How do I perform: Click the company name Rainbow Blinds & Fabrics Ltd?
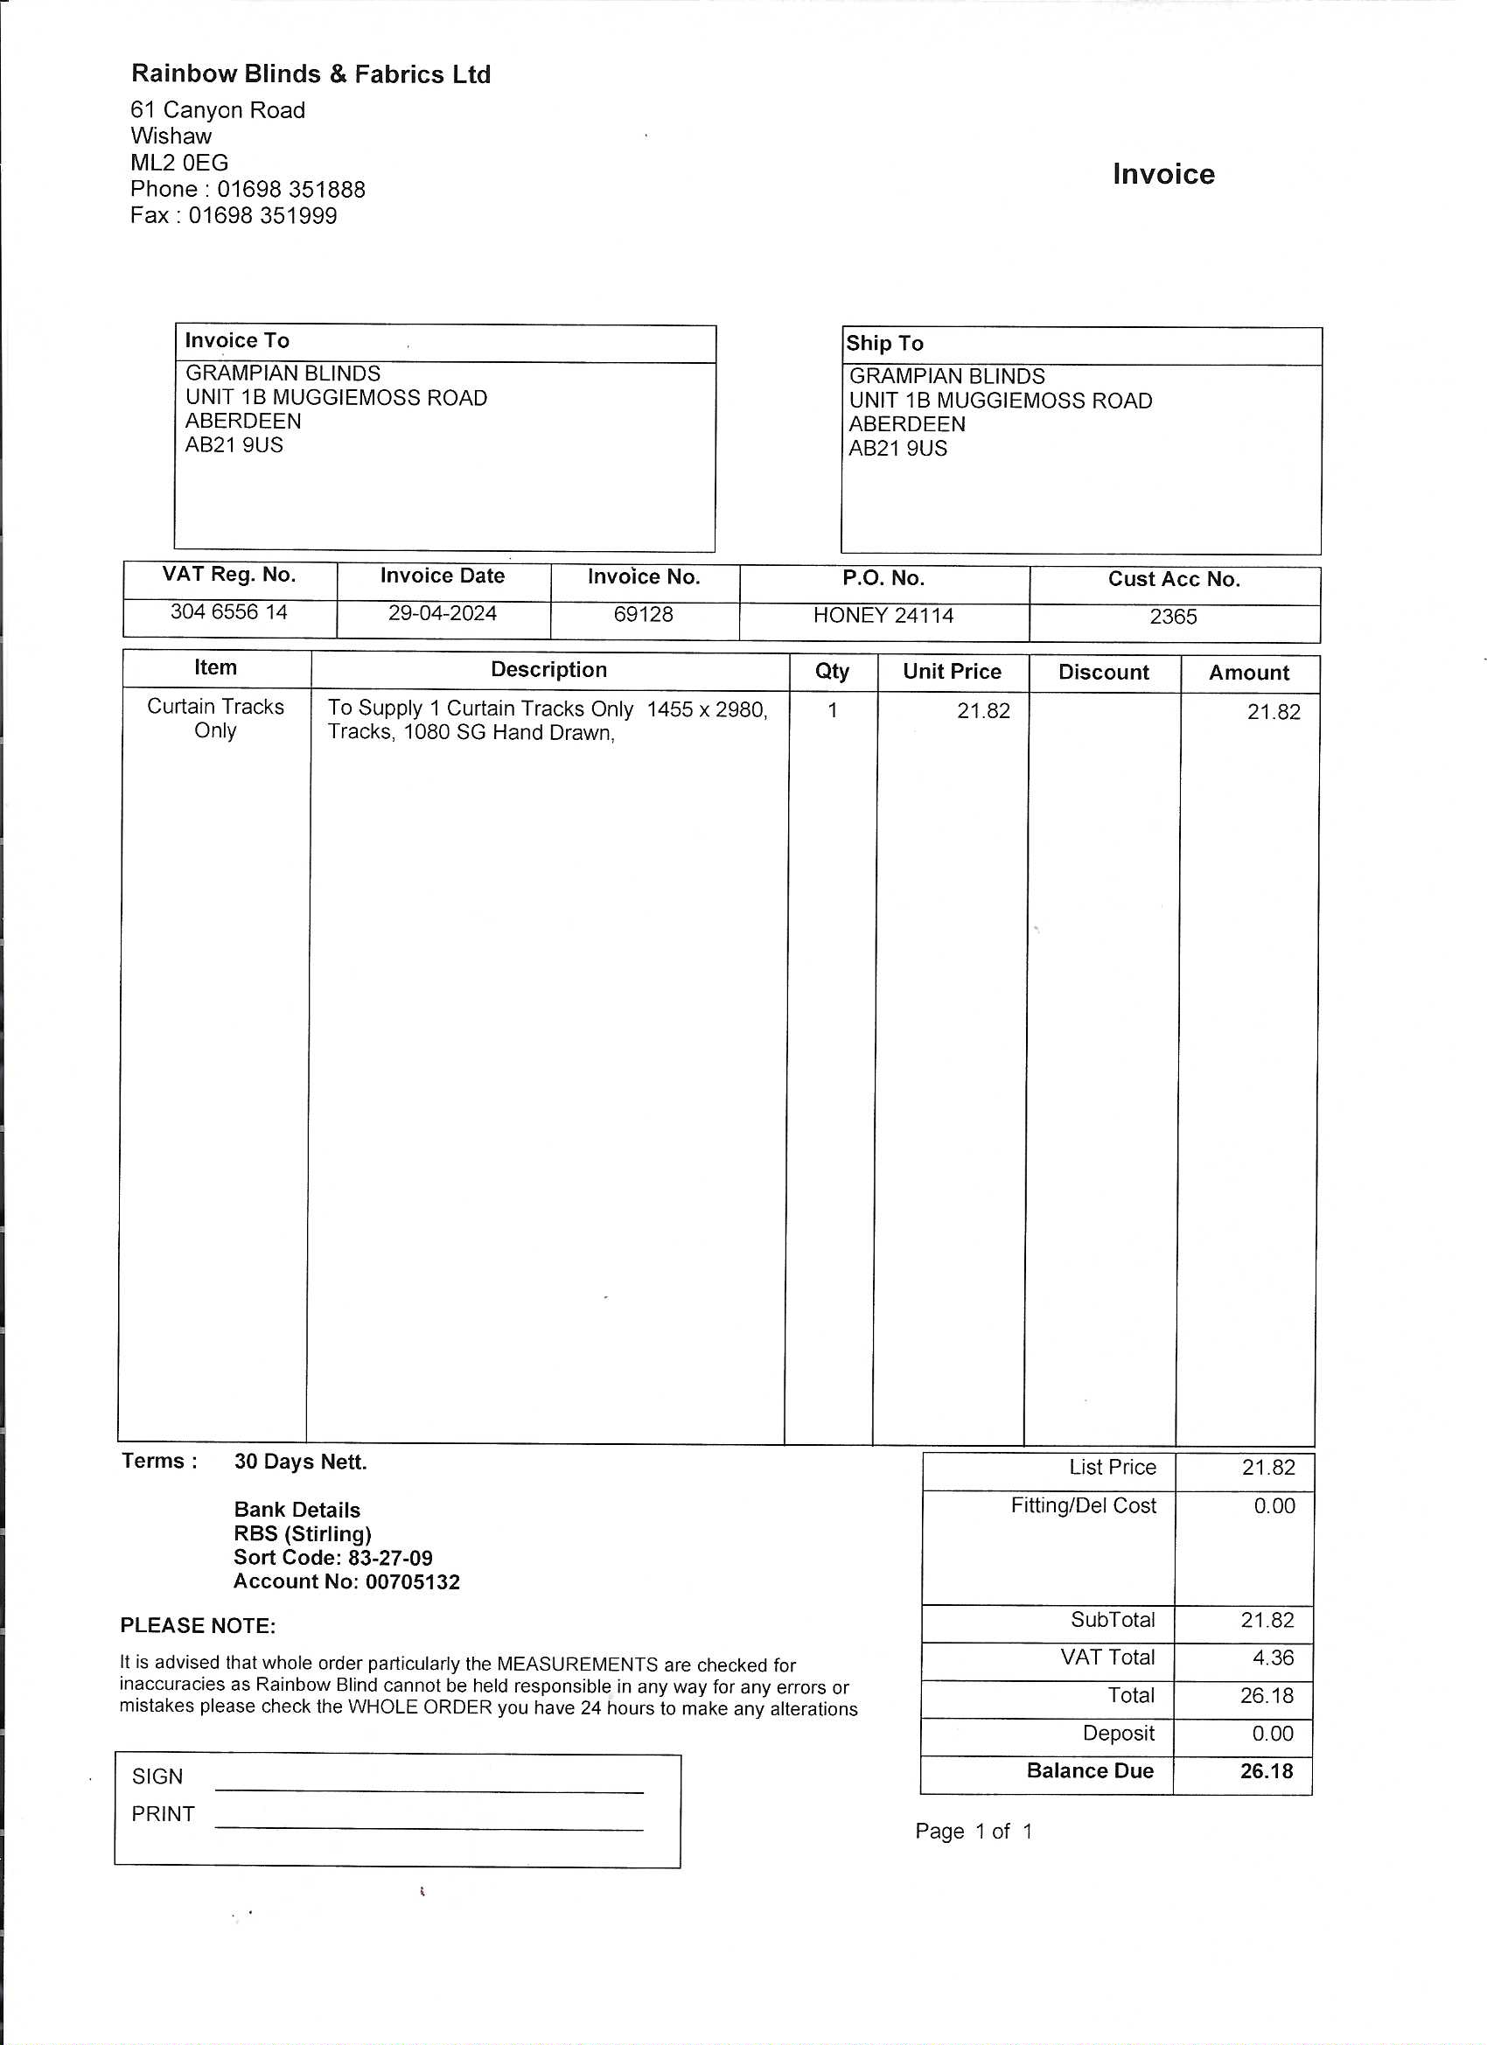(311, 74)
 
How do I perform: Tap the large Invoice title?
(1162, 174)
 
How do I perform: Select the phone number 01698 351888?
(290, 189)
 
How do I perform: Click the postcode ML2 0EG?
(179, 164)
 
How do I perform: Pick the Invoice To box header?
(237, 341)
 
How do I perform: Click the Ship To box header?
(883, 344)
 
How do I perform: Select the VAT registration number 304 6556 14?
(229, 612)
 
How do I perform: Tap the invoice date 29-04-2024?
(442, 614)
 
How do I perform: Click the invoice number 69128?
(643, 615)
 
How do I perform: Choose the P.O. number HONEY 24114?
(883, 616)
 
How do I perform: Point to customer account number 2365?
(1172, 617)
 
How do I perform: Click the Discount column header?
(1103, 673)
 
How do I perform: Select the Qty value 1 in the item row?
(833, 710)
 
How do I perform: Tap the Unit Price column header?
(952, 672)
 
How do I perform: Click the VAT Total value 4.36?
(1273, 1658)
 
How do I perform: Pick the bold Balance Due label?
(1089, 1771)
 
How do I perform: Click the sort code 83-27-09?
(389, 1558)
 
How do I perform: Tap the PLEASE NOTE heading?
(198, 1626)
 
